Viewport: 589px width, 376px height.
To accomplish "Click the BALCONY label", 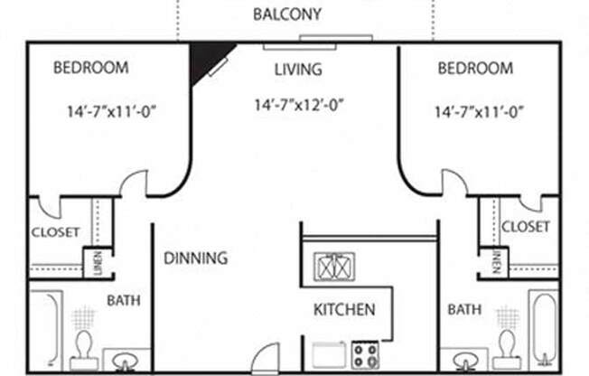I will pos(287,14).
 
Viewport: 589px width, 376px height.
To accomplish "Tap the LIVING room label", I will pos(297,69).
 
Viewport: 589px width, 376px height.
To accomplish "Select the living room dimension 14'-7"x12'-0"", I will pos(299,105).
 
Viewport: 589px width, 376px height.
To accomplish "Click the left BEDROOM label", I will pos(90,68).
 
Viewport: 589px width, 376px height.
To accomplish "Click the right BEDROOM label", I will pos(475,69).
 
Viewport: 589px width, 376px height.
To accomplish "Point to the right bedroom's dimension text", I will pos(479,113).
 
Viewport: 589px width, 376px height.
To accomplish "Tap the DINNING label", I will pos(195,258).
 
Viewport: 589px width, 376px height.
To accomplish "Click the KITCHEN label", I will pos(343,310).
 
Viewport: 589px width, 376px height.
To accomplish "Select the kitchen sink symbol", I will pos(334,267).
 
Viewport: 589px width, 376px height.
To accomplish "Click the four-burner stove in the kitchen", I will pos(365,353).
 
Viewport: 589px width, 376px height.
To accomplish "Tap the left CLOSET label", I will pos(56,232).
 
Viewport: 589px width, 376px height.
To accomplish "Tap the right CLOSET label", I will pos(526,227).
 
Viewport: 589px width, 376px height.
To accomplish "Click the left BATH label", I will pos(123,300).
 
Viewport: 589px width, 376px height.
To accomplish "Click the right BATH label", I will pos(464,310).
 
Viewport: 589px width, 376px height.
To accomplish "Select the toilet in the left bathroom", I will pos(83,349).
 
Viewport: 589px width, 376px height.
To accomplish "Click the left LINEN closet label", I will pos(98,263).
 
